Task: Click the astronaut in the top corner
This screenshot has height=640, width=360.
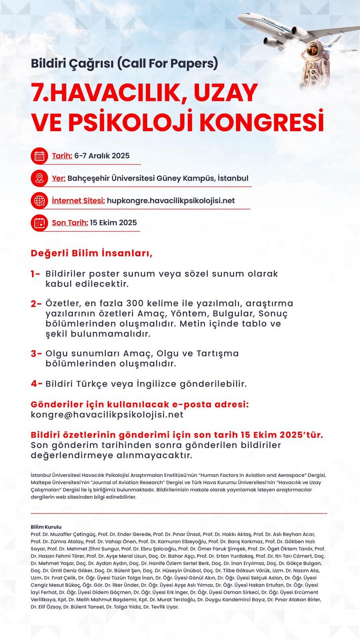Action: pos(315,63)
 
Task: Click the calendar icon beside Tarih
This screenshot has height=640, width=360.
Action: pos(39,156)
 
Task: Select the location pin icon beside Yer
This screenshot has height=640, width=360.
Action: pos(39,178)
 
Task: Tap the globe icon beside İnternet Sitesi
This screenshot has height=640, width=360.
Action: pos(39,201)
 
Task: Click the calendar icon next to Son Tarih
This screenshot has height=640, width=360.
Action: pos(39,223)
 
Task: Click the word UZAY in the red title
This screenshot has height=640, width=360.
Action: pos(225,93)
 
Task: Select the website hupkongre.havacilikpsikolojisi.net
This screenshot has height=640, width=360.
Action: pos(171,201)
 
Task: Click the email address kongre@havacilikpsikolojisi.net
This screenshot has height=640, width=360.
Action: pos(107,415)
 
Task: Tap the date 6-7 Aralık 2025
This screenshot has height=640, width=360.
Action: pos(102,156)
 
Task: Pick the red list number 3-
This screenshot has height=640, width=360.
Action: pos(36,354)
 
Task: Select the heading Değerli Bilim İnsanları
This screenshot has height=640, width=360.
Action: pos(91,253)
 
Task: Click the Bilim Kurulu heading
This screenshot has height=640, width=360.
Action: pos(46,527)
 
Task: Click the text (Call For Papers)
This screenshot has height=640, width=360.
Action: pos(167,63)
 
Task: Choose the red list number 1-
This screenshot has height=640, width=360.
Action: pos(35,274)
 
